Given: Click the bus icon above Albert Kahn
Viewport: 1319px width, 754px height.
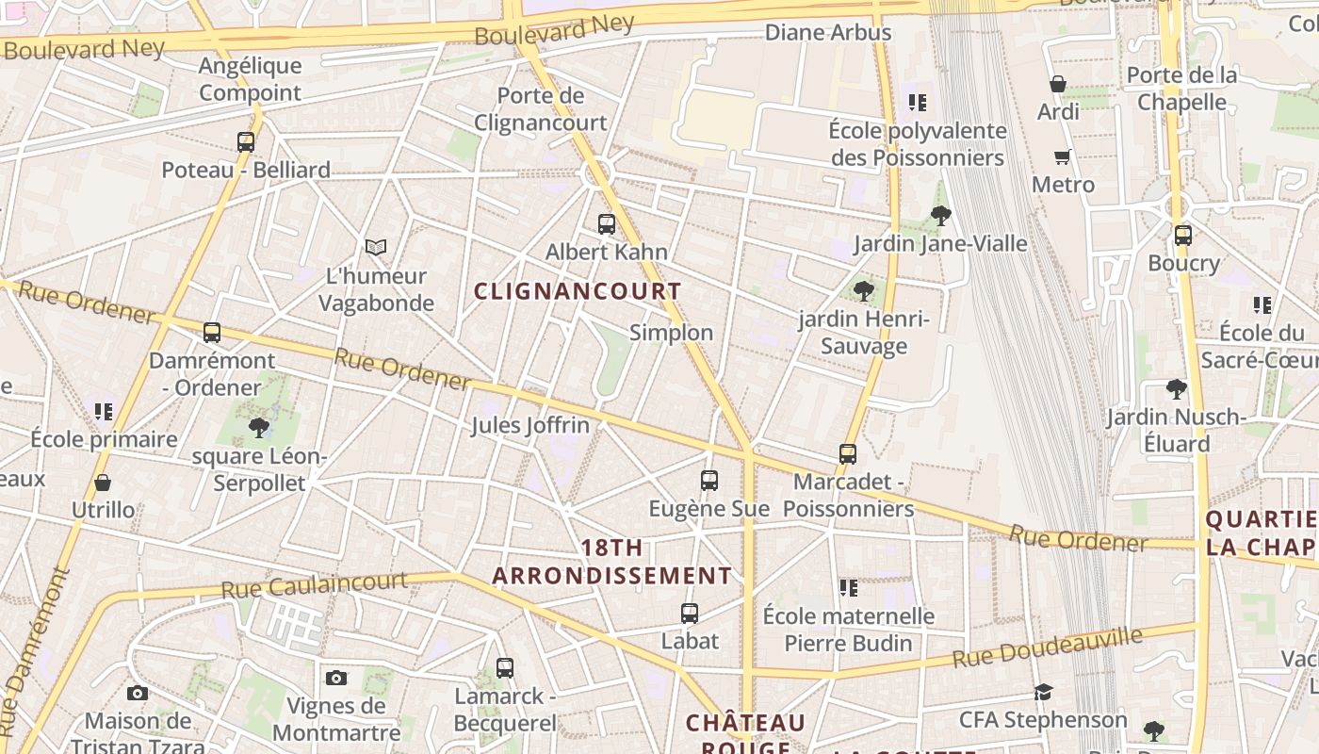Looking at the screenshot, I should click(607, 224).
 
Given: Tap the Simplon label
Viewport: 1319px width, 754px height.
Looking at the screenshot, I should click(671, 333).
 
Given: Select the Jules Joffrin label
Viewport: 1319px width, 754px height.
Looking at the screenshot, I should click(530, 425).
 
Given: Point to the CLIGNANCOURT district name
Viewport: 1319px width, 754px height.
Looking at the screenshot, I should click(577, 291).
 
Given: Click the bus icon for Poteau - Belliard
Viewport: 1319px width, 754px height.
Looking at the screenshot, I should click(246, 142).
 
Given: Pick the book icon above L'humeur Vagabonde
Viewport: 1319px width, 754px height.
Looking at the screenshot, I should click(376, 248).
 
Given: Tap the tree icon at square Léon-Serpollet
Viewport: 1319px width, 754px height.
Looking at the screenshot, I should click(258, 429).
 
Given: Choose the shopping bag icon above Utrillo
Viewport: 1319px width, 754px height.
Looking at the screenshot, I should click(103, 483).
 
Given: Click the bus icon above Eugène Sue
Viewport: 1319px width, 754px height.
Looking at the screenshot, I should click(709, 481).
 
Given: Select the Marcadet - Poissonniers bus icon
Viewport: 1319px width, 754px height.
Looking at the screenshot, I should click(848, 454).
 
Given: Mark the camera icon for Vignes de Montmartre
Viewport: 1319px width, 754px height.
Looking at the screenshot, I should click(336, 678).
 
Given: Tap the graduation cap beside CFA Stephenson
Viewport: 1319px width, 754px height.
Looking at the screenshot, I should click(1043, 693).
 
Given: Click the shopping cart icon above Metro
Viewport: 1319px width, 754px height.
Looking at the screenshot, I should click(1063, 156).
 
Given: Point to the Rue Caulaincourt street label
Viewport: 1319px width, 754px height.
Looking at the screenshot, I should click(314, 584).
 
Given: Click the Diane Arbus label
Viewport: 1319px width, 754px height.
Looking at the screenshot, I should click(828, 33).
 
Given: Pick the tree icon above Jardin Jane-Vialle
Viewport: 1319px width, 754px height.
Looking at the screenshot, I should click(940, 216).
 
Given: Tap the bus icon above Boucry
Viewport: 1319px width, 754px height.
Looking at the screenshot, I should click(1183, 236).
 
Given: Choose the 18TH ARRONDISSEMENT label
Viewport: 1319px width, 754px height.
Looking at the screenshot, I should click(612, 562).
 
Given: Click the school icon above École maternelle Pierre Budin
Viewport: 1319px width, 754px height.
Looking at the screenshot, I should click(848, 588).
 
